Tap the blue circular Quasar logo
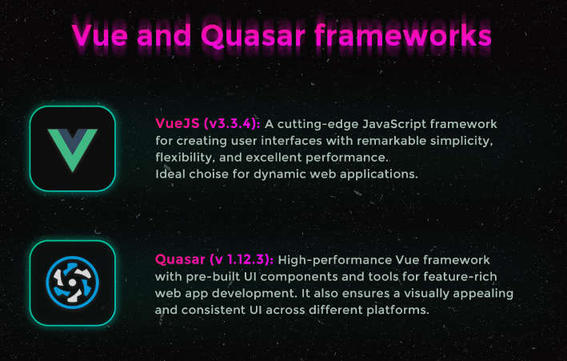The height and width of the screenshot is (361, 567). coord(72,283)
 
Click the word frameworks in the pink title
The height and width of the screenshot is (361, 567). coord(402,35)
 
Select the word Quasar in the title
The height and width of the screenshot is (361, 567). coord(253,36)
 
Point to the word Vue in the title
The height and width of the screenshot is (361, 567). coord(99,35)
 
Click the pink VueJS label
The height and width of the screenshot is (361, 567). coord(178,123)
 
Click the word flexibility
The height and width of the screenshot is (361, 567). coord(184,158)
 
